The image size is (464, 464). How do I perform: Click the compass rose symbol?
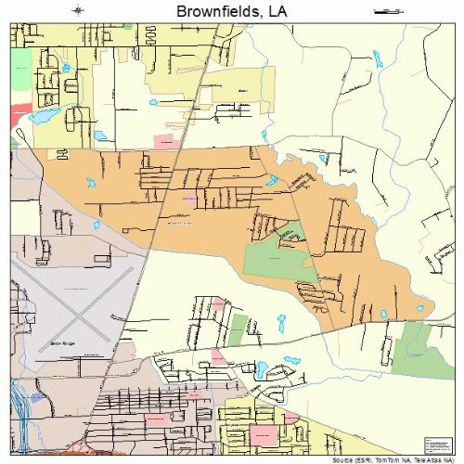(82, 11)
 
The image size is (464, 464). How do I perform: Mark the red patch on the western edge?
(18, 117)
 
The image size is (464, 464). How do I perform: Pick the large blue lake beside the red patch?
(39, 118)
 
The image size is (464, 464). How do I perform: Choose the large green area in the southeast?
(423, 350)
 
